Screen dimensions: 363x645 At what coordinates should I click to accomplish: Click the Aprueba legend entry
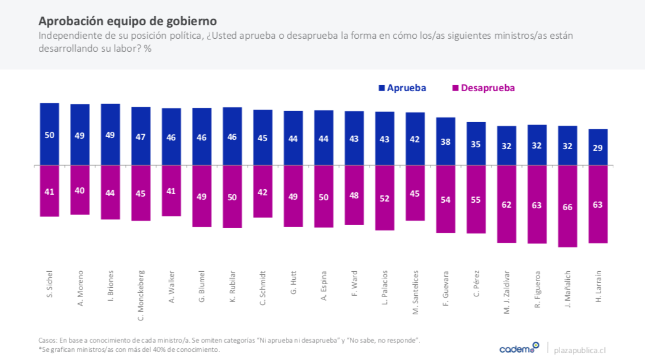[x=401, y=88]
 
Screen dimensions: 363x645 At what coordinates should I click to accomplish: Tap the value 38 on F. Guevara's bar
[x=445, y=142]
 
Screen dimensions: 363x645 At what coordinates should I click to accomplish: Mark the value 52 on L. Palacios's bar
[x=384, y=199]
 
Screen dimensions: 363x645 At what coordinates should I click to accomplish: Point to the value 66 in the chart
[x=567, y=207]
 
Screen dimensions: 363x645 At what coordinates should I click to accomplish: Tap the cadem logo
[x=519, y=348]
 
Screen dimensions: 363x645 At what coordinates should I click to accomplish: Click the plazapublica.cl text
[x=580, y=349]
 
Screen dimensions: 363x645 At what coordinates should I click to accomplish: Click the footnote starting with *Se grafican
[x=129, y=349]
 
